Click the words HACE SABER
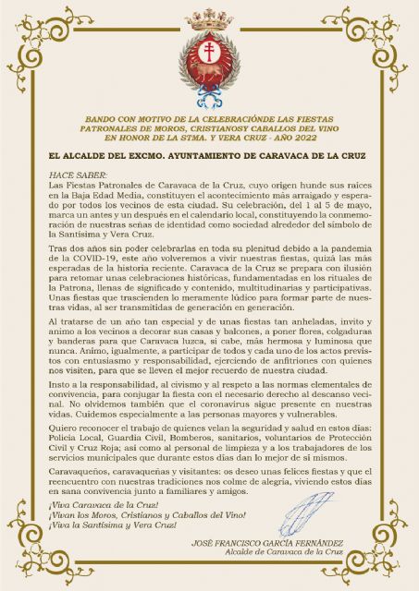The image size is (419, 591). [71, 174]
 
